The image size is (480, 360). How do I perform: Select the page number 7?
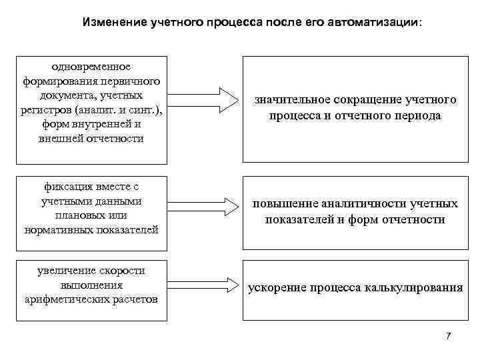[x=449, y=335]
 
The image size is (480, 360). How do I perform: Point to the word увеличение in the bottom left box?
[x=65, y=270]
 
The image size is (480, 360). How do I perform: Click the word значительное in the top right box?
[x=291, y=100]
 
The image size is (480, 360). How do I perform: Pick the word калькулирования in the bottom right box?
[x=413, y=288]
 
